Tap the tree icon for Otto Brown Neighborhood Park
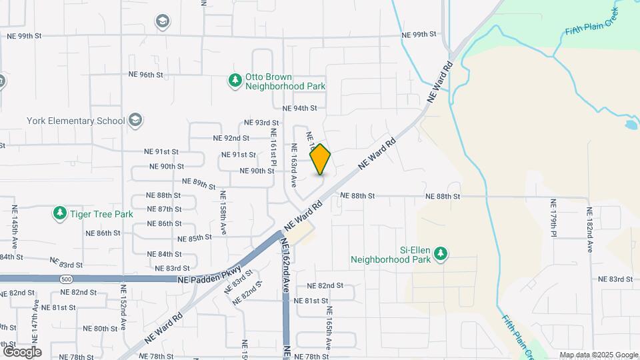click(235, 81)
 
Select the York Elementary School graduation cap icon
click(135, 120)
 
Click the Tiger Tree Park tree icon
click(60, 213)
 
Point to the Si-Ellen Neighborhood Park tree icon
click(439, 253)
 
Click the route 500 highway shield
click(65, 279)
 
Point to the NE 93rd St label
click(261, 123)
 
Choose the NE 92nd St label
click(231, 138)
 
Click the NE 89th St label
click(199, 183)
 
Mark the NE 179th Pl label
click(553, 217)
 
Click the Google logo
click(22, 351)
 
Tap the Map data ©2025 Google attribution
click(598, 355)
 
